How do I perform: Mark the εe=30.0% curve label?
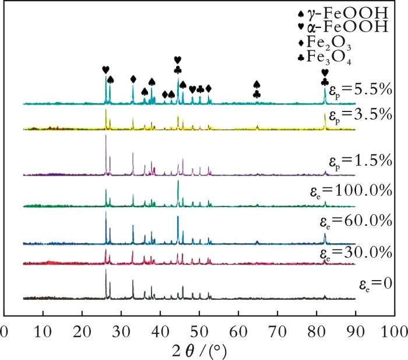[x=357, y=253]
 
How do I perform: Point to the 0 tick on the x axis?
[x=5, y=331]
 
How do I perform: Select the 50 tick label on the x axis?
[x=199, y=331]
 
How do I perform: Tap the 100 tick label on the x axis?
[x=394, y=331]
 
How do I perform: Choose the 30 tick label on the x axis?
[x=121, y=331]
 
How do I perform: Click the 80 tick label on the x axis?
[x=316, y=331]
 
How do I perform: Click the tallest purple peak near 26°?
[x=105, y=137]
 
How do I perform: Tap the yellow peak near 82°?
[x=325, y=115]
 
